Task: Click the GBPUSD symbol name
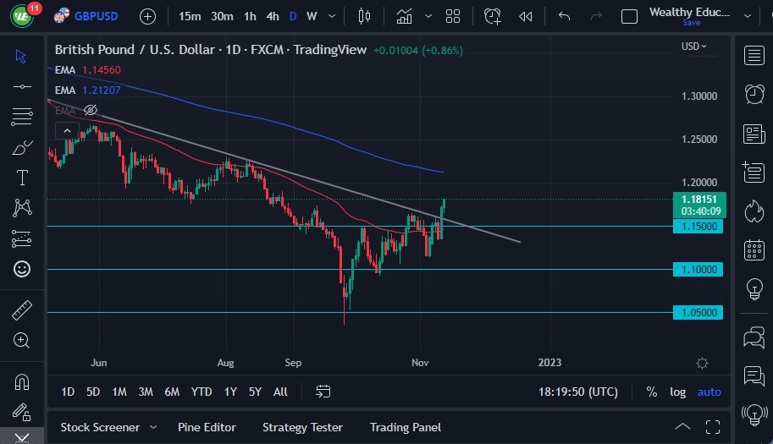96,16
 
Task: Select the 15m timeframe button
190,16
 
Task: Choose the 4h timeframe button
272,16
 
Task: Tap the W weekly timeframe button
312,16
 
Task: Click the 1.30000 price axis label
699,96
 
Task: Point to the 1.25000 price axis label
699,140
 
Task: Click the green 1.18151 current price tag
698,200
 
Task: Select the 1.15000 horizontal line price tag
698,227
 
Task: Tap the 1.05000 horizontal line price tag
698,313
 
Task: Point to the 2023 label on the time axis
549,363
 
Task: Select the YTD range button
202,392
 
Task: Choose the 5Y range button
255,392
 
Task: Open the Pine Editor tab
207,427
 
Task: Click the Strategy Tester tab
302,427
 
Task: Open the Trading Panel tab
406,427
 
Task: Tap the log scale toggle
677,392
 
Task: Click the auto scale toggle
709,392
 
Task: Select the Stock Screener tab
101,427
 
